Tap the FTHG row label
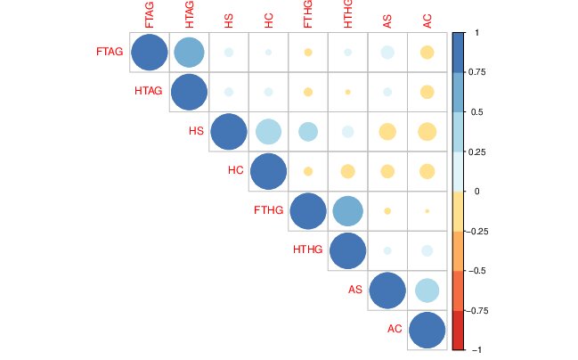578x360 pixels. (269, 210)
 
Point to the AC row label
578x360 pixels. (395, 329)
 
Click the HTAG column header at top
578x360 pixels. (189, 15)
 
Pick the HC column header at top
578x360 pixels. (268, 17)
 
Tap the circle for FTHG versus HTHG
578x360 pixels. (347, 211)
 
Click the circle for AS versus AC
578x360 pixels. (427, 290)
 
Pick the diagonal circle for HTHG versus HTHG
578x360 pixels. (347, 250)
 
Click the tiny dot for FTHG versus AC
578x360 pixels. (427, 211)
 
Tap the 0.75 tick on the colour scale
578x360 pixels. (476, 72)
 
